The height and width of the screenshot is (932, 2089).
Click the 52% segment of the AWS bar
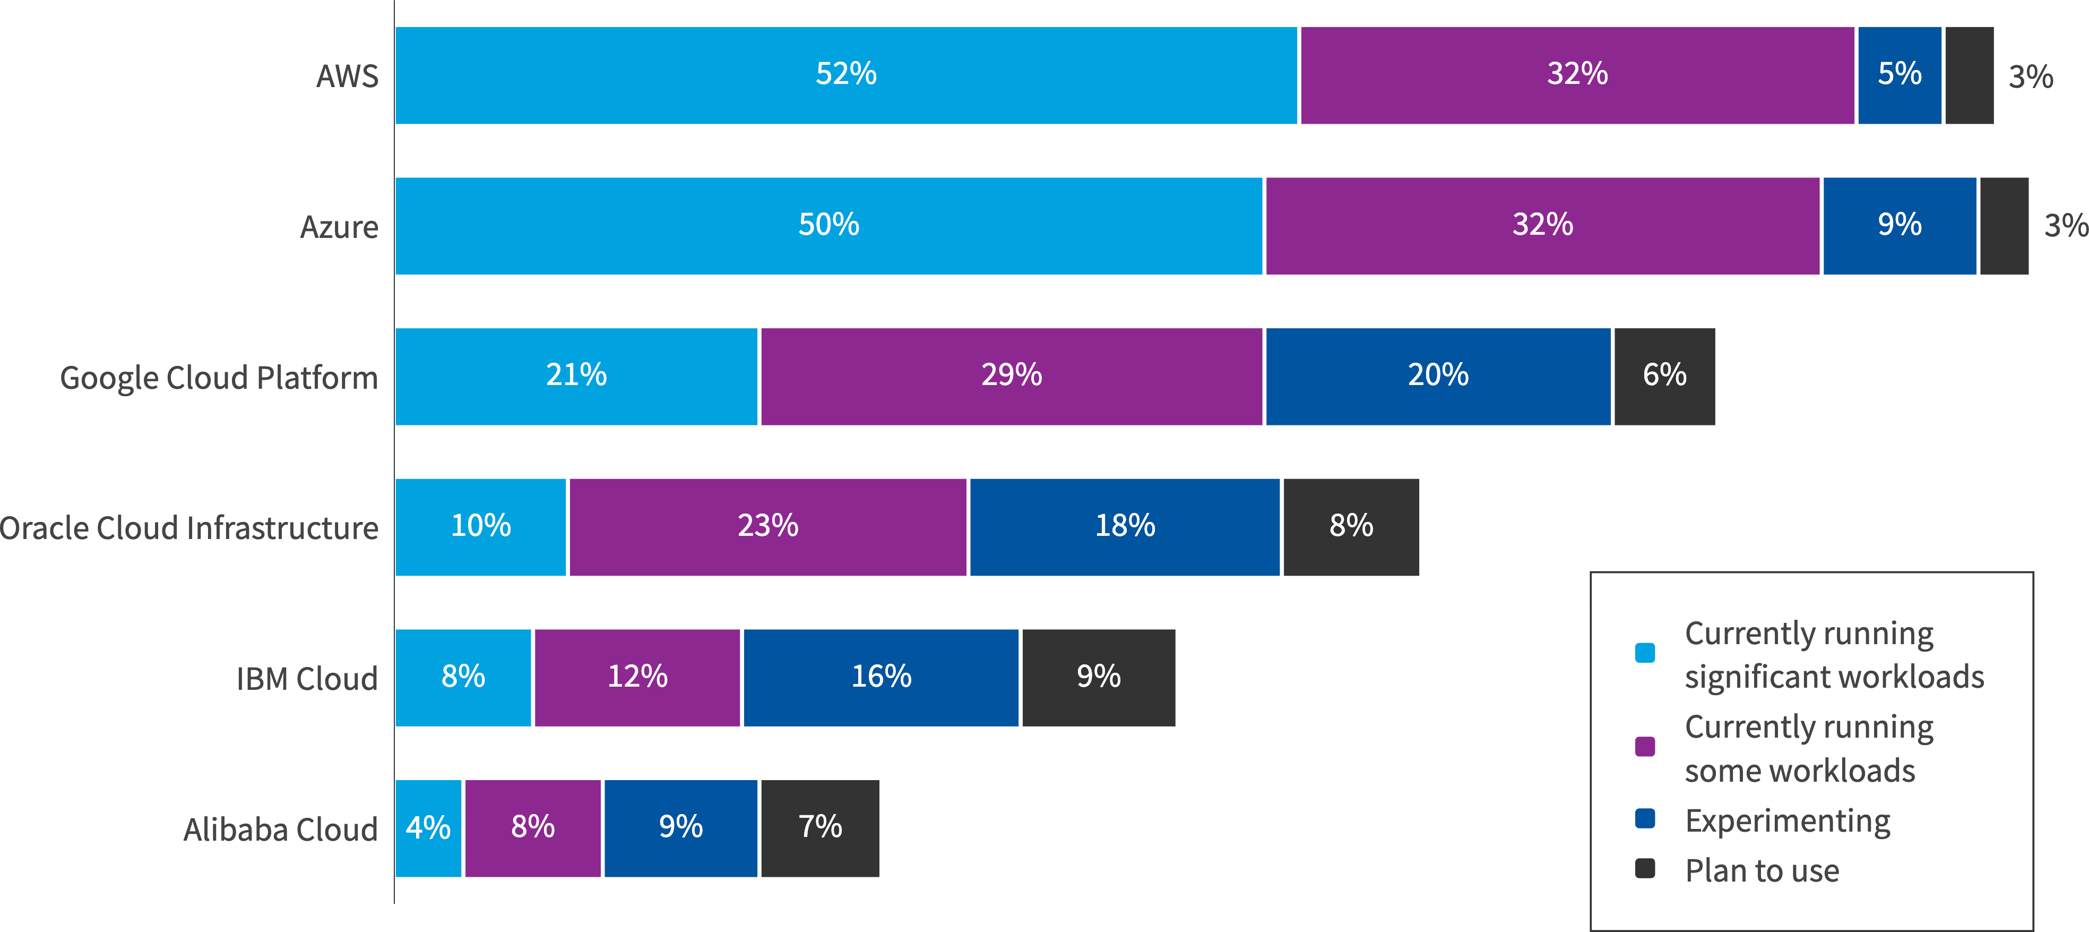(846, 75)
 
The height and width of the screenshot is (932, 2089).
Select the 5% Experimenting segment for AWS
(1899, 75)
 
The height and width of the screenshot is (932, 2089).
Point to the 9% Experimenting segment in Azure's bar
(1899, 226)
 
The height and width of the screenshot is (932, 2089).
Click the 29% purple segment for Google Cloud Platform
(1011, 377)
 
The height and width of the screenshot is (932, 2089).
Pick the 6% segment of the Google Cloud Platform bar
(1664, 377)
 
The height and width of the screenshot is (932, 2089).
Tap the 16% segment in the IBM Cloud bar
(881, 677)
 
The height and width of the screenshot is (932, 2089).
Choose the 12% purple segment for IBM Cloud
(637, 677)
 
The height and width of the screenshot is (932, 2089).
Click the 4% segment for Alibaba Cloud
(428, 828)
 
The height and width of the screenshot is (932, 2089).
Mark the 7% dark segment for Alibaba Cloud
(820, 828)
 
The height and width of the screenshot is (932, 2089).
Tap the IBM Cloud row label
(307, 679)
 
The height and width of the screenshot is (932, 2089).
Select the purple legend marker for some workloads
(1645, 746)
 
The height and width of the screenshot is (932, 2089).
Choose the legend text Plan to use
(1762, 870)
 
